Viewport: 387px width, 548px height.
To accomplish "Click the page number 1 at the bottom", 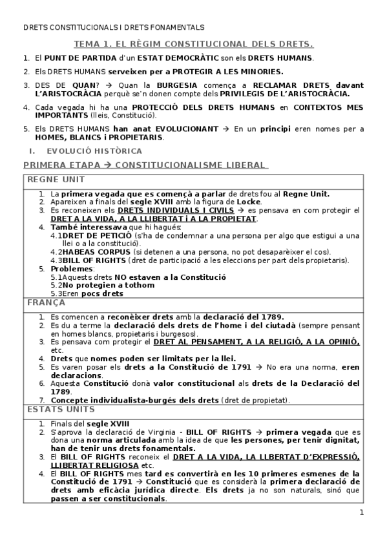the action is pos(362,513).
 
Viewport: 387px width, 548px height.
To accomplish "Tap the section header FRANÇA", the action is pos(45,302).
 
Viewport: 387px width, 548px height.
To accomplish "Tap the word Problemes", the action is pos(72,269).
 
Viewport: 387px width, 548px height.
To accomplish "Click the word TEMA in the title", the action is pos(90,44).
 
